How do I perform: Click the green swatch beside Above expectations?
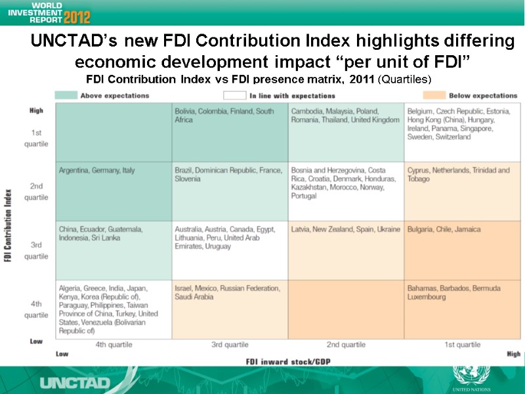coord(65,96)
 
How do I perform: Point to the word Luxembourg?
coord(426,297)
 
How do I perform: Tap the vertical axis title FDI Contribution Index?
coord(9,217)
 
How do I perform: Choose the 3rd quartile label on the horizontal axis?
coord(230,345)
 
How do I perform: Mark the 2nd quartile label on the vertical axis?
coord(36,192)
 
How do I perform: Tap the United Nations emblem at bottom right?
coord(471,378)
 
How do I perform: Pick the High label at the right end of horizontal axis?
coord(513,354)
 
